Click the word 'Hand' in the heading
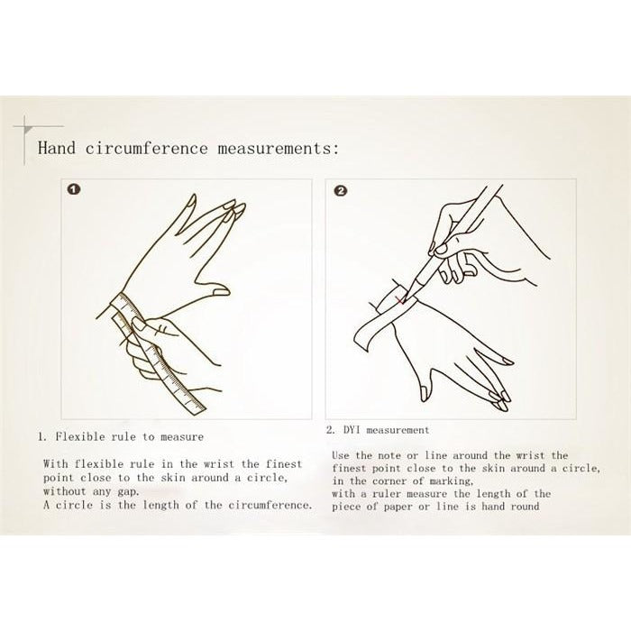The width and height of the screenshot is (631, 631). (57, 148)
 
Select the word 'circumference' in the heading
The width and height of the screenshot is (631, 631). (146, 148)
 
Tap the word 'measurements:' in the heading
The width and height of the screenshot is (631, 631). (279, 148)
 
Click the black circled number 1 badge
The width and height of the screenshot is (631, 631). (74, 189)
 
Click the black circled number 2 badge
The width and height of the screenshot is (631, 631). (340, 190)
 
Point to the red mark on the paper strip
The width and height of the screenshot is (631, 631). (399, 300)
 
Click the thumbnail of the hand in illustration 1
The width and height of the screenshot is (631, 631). (220, 291)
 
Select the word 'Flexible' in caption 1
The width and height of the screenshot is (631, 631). (80, 436)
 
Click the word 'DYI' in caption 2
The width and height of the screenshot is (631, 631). (352, 430)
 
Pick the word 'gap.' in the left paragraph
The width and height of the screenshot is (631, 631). (128, 492)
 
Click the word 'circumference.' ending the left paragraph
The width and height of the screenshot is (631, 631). (270, 505)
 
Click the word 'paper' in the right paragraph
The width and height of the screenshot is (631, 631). (397, 507)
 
